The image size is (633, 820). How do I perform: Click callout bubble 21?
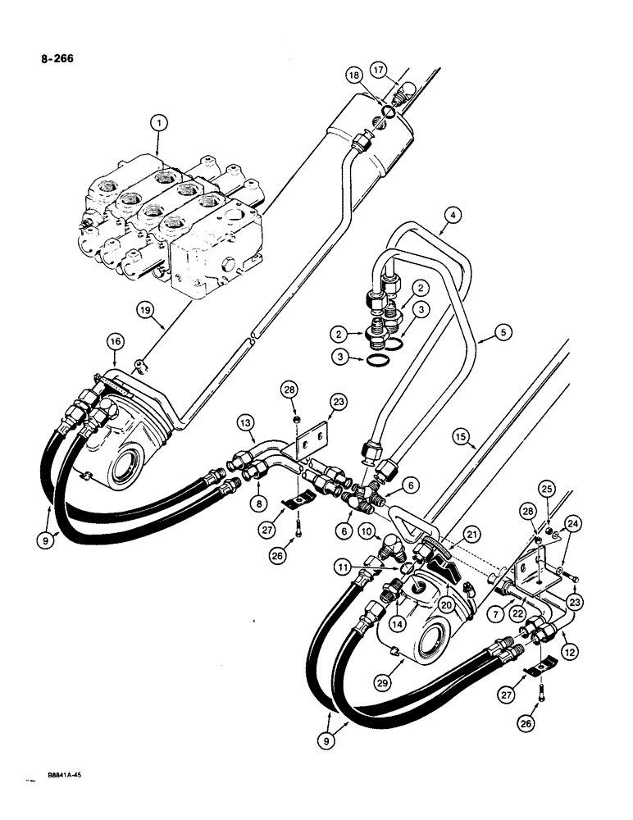[494, 535]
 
